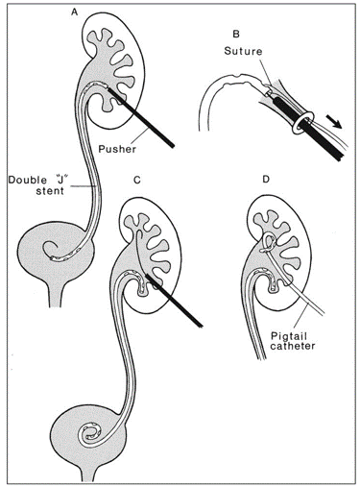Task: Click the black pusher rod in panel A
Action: click(x=151, y=121)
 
